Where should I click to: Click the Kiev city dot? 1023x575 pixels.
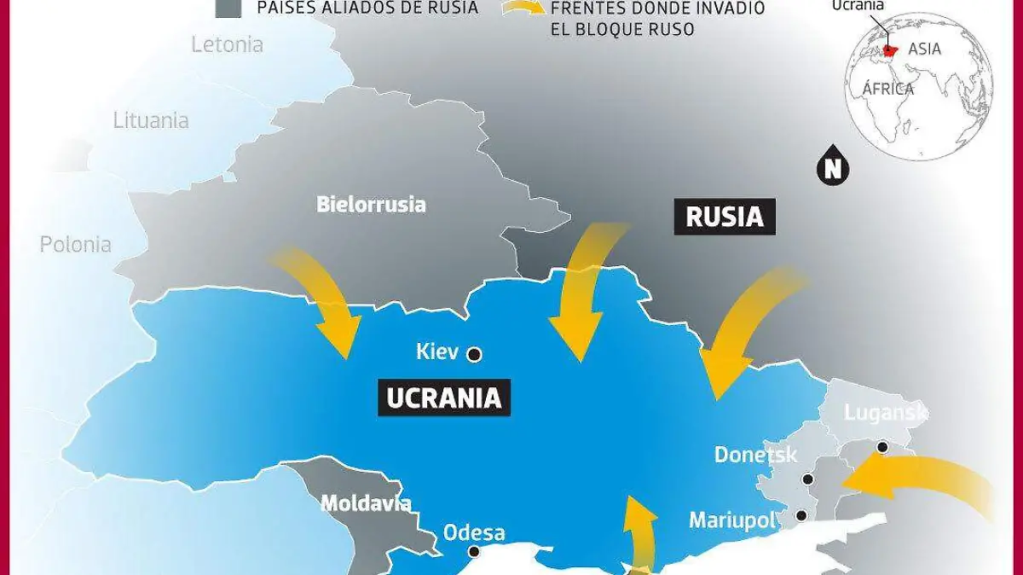(475, 354)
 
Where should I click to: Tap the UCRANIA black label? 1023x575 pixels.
(443, 398)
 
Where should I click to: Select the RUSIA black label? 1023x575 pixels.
(724, 217)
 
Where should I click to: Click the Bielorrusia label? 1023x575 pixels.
(371, 205)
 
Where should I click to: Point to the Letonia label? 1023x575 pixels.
(227, 44)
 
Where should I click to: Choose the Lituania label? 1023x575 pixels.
(151, 120)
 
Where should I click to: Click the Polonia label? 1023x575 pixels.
(75, 244)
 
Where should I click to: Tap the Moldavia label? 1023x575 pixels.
(366, 503)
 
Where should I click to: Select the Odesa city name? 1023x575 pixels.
(474, 533)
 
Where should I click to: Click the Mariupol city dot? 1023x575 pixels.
(801, 515)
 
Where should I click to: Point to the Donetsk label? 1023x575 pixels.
(755, 454)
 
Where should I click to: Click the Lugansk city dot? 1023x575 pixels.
(882, 447)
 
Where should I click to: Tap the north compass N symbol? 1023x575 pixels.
(833, 167)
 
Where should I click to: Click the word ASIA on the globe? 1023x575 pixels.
(924, 49)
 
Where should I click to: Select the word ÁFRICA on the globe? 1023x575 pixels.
(887, 89)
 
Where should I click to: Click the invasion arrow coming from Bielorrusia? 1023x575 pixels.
(324, 303)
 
